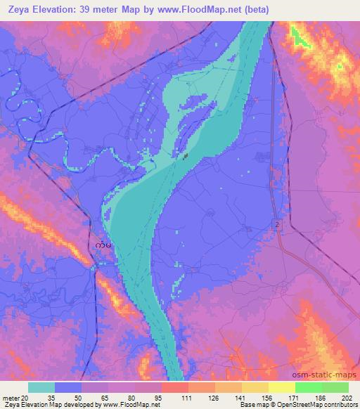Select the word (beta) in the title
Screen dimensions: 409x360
pyautogui.click(x=255, y=8)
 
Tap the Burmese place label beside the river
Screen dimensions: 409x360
pyautogui.click(x=103, y=245)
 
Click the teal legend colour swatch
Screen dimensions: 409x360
pyautogui.click(x=41, y=387)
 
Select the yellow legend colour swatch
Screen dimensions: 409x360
pyautogui.click(x=281, y=387)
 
